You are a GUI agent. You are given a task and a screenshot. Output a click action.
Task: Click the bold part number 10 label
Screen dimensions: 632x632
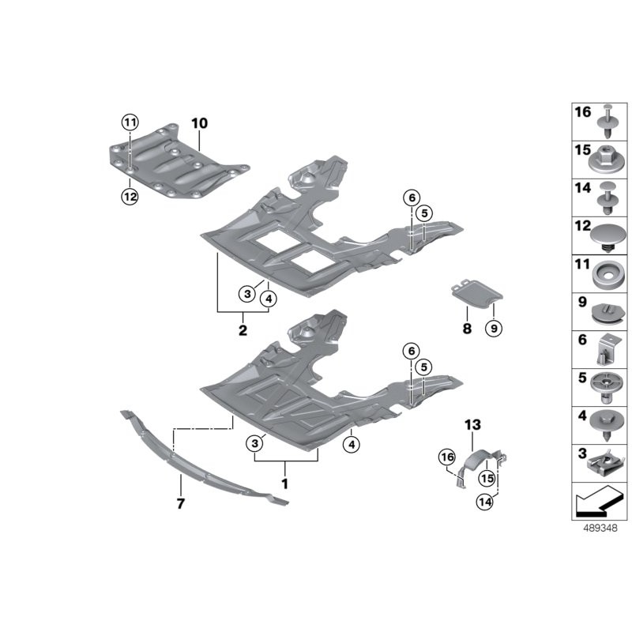(x=198, y=123)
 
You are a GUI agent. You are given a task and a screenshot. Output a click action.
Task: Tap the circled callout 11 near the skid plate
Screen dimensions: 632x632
(x=129, y=122)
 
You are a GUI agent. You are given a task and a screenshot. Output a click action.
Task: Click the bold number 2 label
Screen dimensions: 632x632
(x=243, y=329)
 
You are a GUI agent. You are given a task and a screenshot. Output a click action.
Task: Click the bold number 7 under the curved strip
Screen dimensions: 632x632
(x=180, y=503)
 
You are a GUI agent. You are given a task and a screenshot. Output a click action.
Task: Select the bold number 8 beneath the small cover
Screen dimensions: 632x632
(x=467, y=328)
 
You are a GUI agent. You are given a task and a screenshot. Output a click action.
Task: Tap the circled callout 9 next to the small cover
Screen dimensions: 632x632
(x=493, y=328)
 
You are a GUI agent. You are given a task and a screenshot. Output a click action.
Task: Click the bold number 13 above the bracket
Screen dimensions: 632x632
(x=472, y=425)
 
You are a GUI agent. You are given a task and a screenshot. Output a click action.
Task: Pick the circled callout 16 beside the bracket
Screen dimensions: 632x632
(x=447, y=457)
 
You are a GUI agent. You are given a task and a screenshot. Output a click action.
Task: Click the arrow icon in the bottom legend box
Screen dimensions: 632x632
(x=598, y=498)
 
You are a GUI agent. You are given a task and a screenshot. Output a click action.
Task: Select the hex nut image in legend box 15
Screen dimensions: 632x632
(x=608, y=161)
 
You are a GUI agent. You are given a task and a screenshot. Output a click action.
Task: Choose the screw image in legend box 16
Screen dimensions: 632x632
(x=608, y=123)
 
